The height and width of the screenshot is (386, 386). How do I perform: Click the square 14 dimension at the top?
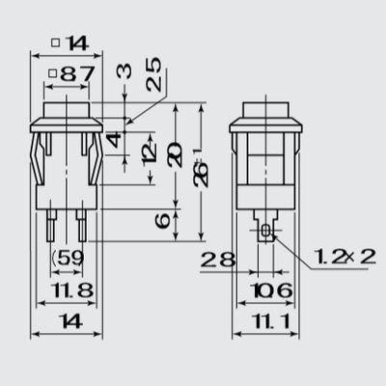68,42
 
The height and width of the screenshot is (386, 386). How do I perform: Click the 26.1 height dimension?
199,174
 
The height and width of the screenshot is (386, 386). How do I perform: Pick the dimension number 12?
148,152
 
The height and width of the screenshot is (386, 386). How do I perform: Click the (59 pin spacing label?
67,259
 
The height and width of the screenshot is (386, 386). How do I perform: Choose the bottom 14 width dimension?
67,321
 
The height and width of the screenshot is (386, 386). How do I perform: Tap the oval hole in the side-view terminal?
265,232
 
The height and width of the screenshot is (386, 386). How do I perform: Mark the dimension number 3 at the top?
124,71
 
